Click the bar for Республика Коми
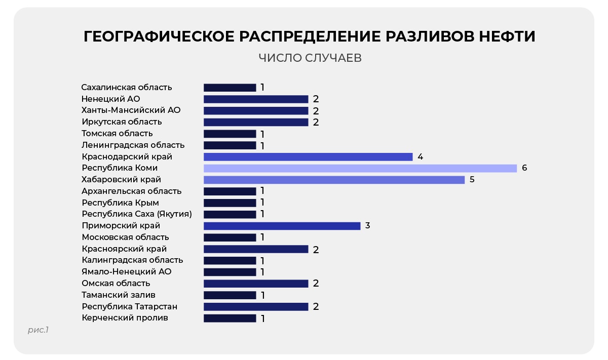tap(360, 168)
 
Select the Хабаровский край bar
tap(334, 180)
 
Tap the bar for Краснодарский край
tap(308, 157)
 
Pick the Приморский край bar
tap(282, 226)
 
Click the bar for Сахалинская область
tap(230, 88)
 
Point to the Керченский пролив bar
tap(230, 318)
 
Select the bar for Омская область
tap(256, 284)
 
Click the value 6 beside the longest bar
tap(524, 168)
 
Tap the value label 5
tap(472, 180)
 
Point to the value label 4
tap(420, 156)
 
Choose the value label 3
tap(367, 225)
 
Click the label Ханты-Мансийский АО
tap(131, 110)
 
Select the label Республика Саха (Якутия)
tap(137, 214)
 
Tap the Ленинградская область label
tap(133, 145)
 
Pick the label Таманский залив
tap(119, 295)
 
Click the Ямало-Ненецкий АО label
tap(127, 271)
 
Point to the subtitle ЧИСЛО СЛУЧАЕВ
tap(310, 58)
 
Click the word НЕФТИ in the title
tap(507, 36)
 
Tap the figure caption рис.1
tap(39, 330)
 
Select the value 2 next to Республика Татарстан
tap(316, 306)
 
